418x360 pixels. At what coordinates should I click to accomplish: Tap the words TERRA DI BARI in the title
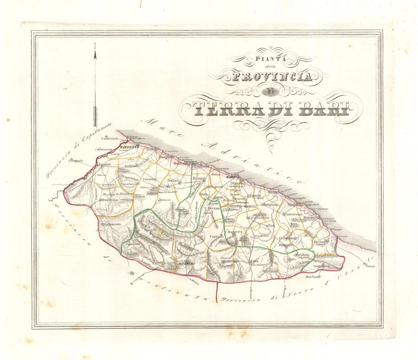[272, 109]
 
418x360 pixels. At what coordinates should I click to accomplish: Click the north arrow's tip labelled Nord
[94, 53]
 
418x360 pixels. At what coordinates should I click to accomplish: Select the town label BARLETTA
[127, 147]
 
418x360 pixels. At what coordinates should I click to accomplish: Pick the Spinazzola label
[112, 224]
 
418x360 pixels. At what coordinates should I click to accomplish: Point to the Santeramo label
[231, 262]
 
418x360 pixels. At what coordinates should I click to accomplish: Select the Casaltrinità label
[109, 139]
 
